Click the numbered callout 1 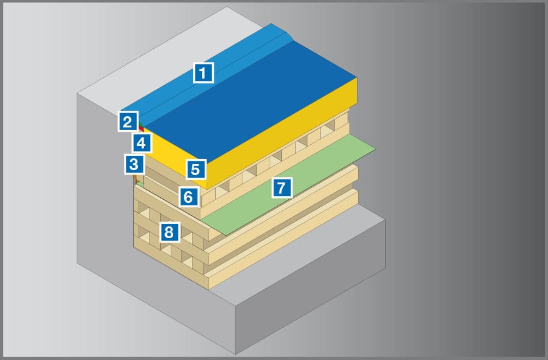pyautogui.click(x=203, y=73)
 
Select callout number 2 pyautogui.click(x=128, y=121)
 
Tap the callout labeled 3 pyautogui.click(x=134, y=164)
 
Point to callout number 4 pyautogui.click(x=142, y=143)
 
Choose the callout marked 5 pyautogui.click(x=195, y=169)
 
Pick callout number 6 pyautogui.click(x=189, y=197)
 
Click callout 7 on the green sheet pyautogui.click(x=281, y=187)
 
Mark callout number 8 pyautogui.click(x=170, y=232)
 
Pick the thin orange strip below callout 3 pyautogui.click(x=135, y=179)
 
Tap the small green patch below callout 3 pyautogui.click(x=140, y=184)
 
